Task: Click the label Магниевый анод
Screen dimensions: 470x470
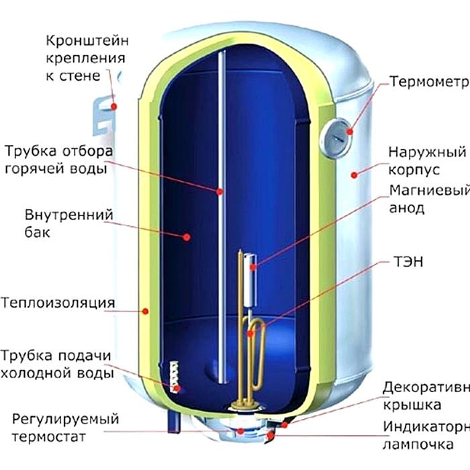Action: (425, 199)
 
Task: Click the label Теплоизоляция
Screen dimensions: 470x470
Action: (58, 303)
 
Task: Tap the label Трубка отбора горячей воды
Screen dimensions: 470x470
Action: (58, 159)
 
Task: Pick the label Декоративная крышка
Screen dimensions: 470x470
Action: (424, 397)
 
